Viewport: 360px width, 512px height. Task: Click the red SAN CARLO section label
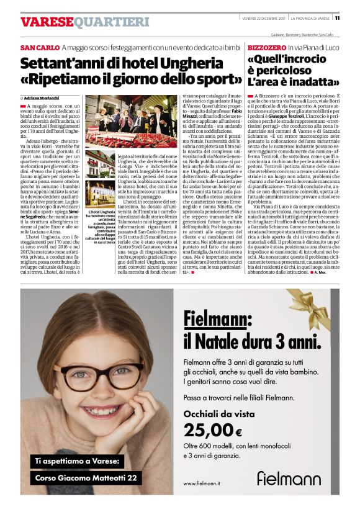click(x=40, y=48)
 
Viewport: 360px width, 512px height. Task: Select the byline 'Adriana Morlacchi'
click(x=43, y=99)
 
